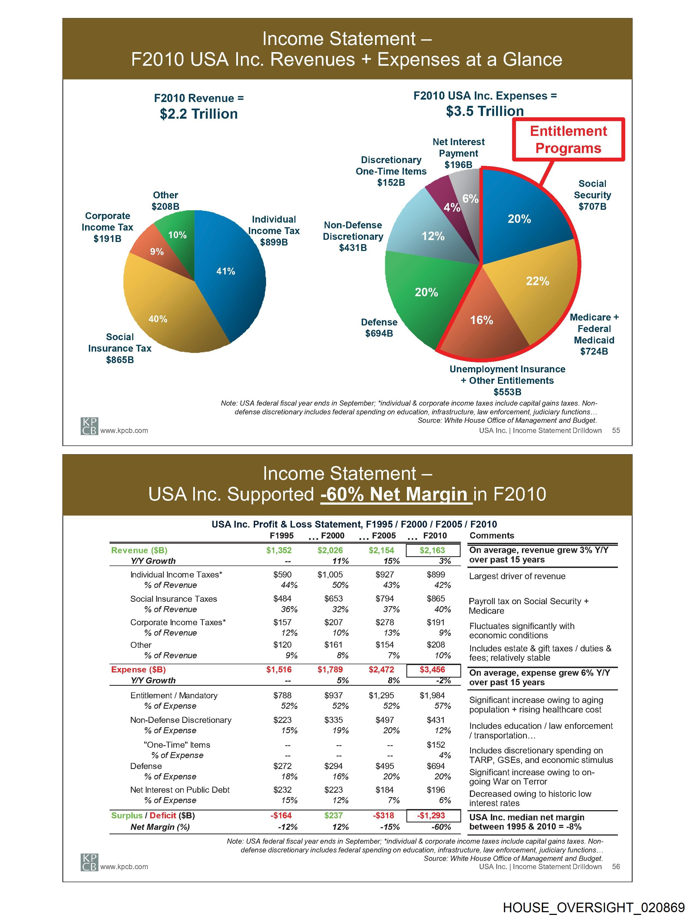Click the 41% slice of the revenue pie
pos(232,274)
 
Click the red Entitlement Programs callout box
pos(568,140)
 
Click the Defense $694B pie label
pos(379,328)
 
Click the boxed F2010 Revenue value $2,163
pos(432,550)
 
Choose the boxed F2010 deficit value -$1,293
pos(432,816)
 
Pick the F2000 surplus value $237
pos(333,816)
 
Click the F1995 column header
pos(282,535)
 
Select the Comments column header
pos(492,535)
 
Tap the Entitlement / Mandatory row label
pos(174,696)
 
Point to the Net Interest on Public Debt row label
pos(180,790)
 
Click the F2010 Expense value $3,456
pos(432,670)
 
